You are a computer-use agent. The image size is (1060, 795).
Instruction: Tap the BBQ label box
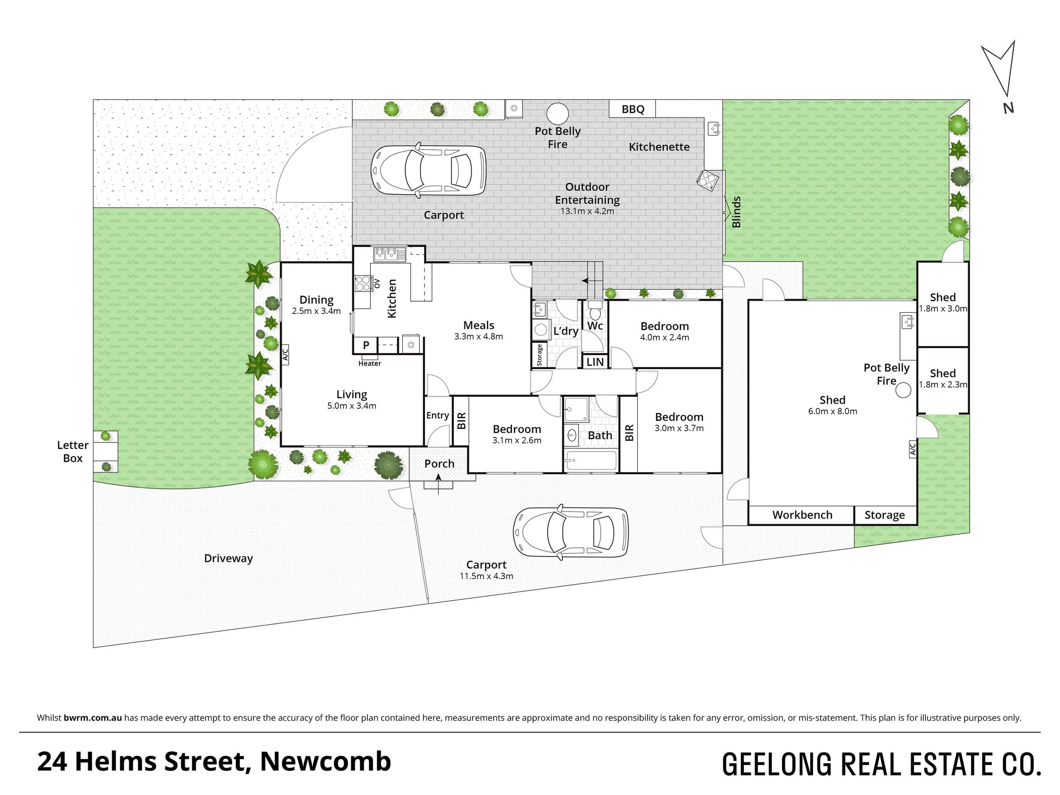(x=632, y=109)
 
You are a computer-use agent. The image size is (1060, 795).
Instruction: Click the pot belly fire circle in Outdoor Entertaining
(x=557, y=113)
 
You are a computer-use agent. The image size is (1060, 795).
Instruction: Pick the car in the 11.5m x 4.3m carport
(x=571, y=533)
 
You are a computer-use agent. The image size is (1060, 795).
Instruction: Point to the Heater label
(x=369, y=363)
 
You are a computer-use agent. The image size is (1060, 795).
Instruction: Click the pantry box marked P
(x=366, y=346)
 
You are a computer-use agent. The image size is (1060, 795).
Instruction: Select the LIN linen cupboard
(x=595, y=362)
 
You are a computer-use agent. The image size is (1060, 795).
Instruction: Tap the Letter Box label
(x=73, y=451)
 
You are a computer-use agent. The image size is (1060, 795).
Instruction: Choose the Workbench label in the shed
(x=802, y=515)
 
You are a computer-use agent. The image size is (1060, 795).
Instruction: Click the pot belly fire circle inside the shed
(x=903, y=390)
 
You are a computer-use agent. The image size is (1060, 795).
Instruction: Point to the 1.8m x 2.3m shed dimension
(x=943, y=384)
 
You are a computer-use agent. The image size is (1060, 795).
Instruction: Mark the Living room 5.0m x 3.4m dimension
(x=352, y=406)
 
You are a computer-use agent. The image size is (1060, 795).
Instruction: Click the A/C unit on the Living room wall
(x=285, y=355)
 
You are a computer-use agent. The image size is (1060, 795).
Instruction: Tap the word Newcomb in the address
(x=326, y=761)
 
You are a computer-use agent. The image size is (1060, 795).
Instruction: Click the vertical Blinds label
(x=736, y=212)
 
